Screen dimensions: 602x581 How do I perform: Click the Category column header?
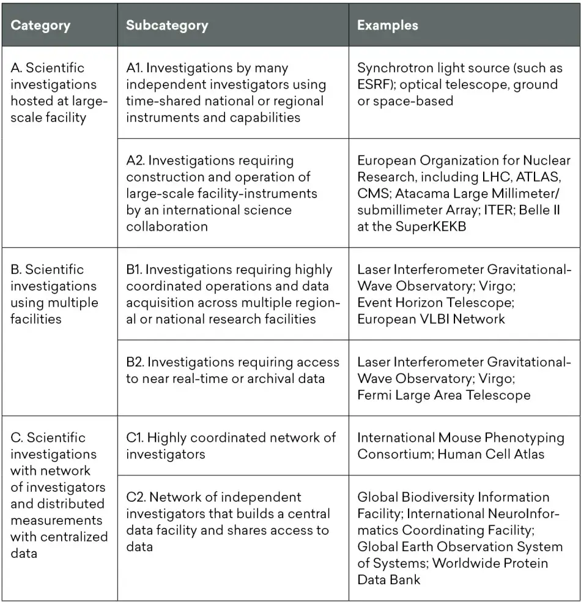[40, 26]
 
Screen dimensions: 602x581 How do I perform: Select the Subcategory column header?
[167, 26]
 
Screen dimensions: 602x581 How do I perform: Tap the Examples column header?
[388, 26]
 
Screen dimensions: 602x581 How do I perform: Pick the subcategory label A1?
[136, 68]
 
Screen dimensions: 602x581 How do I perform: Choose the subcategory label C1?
[136, 437]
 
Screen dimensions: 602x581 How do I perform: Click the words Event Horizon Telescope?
[435, 302]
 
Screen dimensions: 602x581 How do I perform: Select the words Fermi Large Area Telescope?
[444, 395]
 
